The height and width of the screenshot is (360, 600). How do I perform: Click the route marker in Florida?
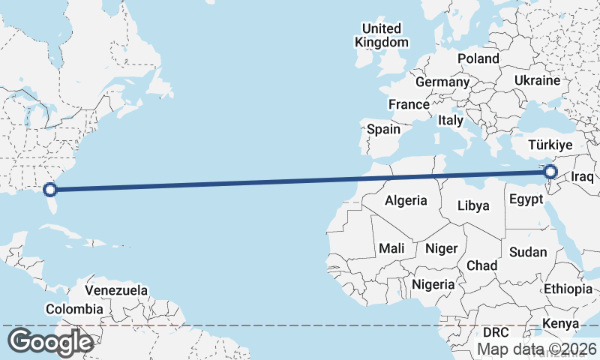51,190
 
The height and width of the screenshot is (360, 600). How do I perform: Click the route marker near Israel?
550,172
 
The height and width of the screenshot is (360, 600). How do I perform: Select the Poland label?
478,58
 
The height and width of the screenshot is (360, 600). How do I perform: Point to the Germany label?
442,82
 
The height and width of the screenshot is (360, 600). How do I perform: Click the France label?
409,104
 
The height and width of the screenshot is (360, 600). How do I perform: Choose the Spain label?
383,129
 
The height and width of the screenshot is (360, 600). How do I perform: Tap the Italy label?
451,120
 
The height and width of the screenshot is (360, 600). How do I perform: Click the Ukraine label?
538,80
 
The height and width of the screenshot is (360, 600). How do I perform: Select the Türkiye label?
550,145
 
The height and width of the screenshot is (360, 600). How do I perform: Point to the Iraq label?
582,177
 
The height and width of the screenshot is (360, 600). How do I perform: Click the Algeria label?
406,200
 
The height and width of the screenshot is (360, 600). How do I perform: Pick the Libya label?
473,205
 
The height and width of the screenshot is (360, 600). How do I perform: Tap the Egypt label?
526,199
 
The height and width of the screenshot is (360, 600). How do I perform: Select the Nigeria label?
433,284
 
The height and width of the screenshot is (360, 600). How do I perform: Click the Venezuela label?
116,289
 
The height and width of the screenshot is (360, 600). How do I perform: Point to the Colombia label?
74,309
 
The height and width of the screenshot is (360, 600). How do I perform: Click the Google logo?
49,341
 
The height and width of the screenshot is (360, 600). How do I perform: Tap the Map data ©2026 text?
537,349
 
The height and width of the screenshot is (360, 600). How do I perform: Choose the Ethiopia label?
568,289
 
